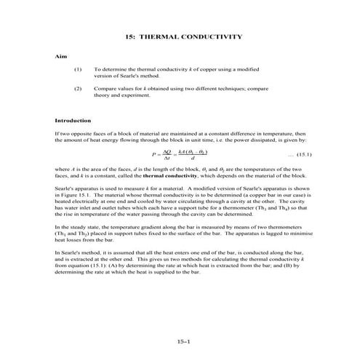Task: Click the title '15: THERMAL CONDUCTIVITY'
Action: [x=180, y=36]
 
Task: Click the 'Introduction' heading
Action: [x=73, y=120]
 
